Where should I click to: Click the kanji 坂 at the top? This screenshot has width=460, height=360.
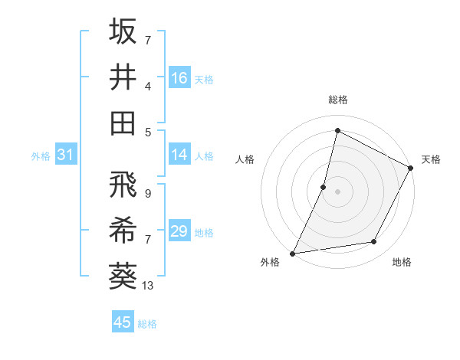(x=123, y=31)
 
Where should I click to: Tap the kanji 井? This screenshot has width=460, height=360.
(x=123, y=77)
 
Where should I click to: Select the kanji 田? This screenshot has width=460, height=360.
(x=123, y=123)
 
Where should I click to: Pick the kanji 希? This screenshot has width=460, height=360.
(x=123, y=231)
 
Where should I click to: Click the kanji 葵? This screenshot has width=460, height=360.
(x=123, y=276)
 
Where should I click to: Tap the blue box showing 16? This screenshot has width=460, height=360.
(x=179, y=77)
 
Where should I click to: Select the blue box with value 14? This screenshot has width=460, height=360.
(x=179, y=155)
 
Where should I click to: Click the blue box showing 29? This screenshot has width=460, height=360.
(x=179, y=231)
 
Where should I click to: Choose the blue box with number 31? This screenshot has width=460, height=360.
(x=65, y=155)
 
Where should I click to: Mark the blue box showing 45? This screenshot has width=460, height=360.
(x=123, y=322)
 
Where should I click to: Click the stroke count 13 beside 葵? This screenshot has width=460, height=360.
(x=148, y=286)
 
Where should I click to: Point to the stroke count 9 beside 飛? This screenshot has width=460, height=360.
(x=147, y=194)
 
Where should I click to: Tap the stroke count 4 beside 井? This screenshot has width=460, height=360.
(x=147, y=86)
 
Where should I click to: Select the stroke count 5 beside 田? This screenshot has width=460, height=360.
(x=147, y=132)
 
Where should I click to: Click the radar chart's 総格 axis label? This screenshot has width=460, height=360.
(x=337, y=100)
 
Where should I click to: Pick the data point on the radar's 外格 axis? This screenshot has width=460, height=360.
(x=292, y=253)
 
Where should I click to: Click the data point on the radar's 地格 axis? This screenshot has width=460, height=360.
(x=374, y=242)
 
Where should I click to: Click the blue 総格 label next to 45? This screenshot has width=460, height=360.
(x=147, y=324)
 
